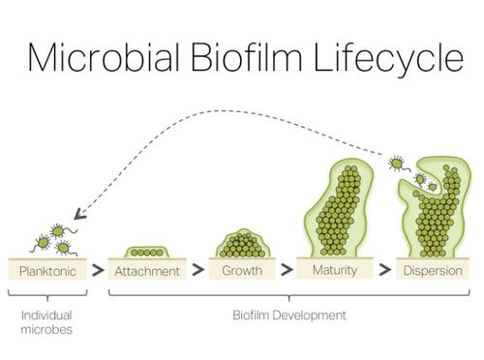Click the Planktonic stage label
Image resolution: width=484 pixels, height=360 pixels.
[47, 271]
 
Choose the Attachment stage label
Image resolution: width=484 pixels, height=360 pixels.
[147, 271]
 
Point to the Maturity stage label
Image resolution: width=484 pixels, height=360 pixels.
[335, 270]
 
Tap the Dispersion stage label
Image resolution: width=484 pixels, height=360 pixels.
[431, 271]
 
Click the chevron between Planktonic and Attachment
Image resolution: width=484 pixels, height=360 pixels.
[98, 271]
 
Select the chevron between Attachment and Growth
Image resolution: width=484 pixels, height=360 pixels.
[197, 271]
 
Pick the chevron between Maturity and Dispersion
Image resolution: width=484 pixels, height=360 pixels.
[384, 271]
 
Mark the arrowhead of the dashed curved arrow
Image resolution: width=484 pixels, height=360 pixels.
[78, 222]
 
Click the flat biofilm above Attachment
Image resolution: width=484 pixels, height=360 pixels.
[147, 252]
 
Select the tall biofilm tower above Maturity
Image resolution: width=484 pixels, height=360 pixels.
[335, 208]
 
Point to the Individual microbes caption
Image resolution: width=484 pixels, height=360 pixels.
[45, 322]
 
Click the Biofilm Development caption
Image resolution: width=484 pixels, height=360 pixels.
[289, 315]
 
